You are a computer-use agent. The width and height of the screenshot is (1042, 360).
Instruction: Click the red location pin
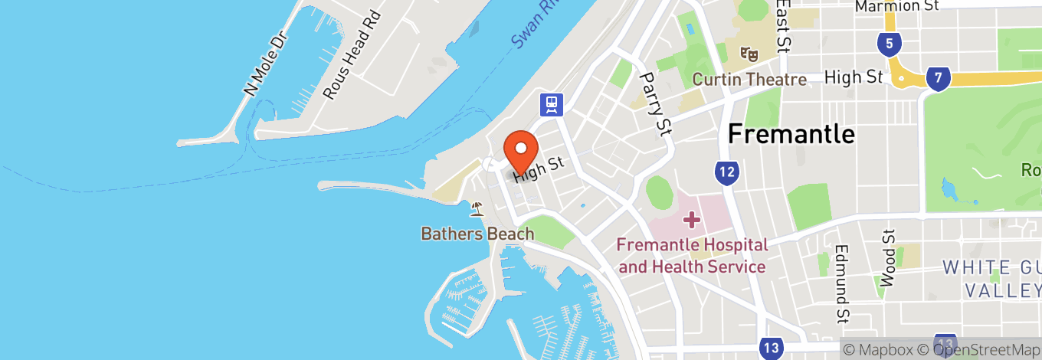coord(520,150)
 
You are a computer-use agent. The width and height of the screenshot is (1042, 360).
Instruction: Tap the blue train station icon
coord(551,103)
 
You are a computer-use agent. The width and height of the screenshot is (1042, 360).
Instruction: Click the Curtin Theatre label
coord(749,80)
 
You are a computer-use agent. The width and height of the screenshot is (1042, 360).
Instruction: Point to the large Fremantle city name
coord(791,134)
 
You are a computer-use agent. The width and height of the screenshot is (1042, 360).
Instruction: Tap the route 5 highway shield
coord(889,44)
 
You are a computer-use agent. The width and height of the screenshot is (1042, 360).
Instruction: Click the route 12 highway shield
coord(727,173)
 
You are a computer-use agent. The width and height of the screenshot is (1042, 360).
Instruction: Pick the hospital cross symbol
coord(692,221)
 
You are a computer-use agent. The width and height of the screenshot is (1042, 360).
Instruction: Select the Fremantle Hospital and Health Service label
coord(693,256)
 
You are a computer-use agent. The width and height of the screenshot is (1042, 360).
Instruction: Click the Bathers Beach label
coord(477,234)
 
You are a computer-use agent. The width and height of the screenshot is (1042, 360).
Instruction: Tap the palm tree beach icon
coord(477,208)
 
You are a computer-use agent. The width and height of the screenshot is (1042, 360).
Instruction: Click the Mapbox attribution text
coord(881,349)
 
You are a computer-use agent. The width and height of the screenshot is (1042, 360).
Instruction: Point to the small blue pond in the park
coord(950,188)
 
